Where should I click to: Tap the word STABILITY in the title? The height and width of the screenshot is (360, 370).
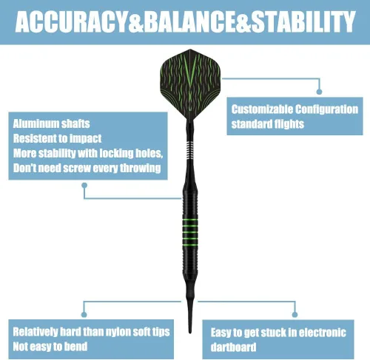pyautogui.click(x=303, y=22)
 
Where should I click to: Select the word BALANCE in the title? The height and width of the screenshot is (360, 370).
pyautogui.click(x=189, y=22)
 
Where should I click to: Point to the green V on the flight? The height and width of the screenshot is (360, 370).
pyautogui.click(x=190, y=72)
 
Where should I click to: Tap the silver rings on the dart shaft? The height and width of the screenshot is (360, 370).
pyautogui.click(x=190, y=149)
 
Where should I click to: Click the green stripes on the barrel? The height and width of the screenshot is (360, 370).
pyautogui.click(x=190, y=229)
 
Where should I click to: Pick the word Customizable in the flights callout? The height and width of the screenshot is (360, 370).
pyautogui.click(x=262, y=109)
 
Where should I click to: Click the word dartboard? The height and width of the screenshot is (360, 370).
pyautogui.click(x=233, y=347)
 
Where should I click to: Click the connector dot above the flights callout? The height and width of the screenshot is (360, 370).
pyautogui.click(x=319, y=92)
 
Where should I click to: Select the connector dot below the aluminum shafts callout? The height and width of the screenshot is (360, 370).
pyautogui.click(x=84, y=185)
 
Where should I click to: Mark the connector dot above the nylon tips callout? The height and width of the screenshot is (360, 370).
pyautogui.click(x=84, y=314)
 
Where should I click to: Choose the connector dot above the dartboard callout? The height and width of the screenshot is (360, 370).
pyautogui.click(x=295, y=314)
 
